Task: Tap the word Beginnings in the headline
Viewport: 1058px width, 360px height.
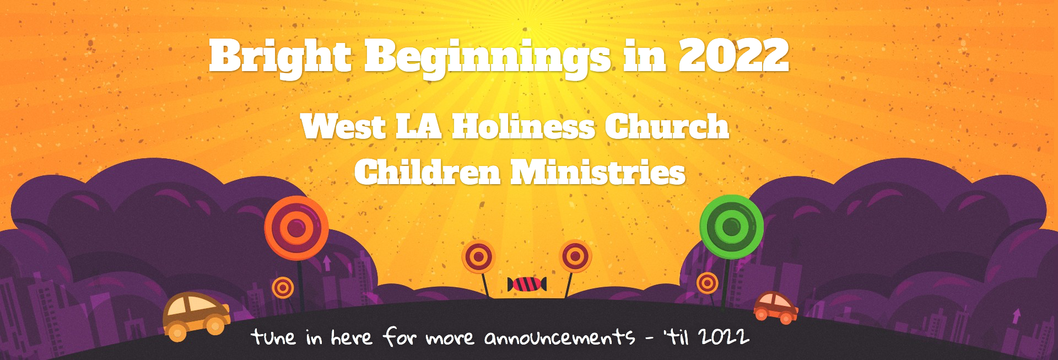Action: (487, 58)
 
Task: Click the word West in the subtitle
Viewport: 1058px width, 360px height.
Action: (343, 127)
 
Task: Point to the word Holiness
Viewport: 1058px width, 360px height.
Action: (523, 127)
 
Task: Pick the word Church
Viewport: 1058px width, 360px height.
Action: (667, 127)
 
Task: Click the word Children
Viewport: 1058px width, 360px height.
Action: (427, 172)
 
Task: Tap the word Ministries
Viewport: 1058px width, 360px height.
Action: (598, 172)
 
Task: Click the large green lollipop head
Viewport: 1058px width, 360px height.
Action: (731, 227)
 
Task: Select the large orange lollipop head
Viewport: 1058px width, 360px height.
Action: (296, 228)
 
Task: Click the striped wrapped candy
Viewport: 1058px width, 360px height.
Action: (527, 284)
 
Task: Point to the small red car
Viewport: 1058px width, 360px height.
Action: (775, 307)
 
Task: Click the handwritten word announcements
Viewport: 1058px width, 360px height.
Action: (559, 337)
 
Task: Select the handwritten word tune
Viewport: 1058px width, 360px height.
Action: (273, 336)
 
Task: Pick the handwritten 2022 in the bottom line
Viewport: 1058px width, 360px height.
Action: (724, 336)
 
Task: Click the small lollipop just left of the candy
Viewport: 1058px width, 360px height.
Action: (478, 257)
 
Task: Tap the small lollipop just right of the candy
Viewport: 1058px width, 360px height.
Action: (575, 256)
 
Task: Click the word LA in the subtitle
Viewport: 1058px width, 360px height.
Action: (418, 127)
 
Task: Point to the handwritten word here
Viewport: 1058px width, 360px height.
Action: (351, 336)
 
